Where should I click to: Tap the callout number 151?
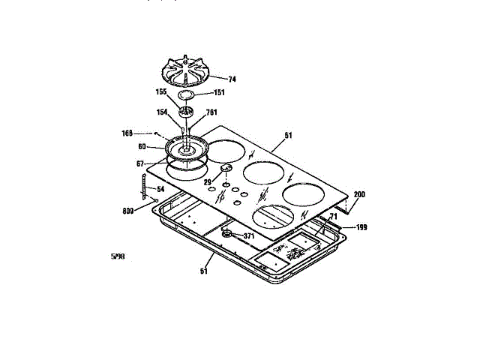coord(219,94)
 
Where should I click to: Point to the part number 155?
coord(161,93)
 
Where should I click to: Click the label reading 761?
coord(211,113)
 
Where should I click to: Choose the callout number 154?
coord(161,112)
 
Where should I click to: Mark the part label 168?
coord(127,133)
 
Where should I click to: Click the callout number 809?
coord(129,211)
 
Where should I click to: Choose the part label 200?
coord(359,194)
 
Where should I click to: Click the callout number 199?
coord(361,226)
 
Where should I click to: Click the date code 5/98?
coord(117,257)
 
